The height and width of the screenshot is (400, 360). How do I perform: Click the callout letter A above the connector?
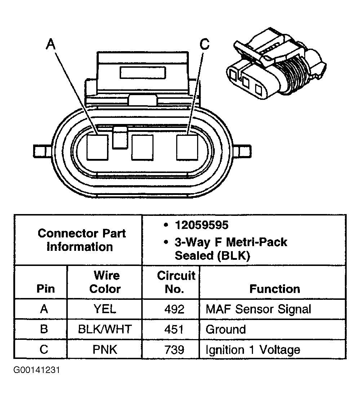point(51,45)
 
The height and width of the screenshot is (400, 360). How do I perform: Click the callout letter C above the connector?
point(204,45)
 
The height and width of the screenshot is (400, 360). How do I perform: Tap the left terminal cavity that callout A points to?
point(98,147)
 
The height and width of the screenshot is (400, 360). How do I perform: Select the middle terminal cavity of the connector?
point(142,147)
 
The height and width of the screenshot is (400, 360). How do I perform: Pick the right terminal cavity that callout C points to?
point(187,147)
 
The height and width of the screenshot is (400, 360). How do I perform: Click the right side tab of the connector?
point(244,149)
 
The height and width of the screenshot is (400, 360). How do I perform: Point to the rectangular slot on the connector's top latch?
point(143,72)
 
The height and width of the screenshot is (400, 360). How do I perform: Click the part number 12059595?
point(201,225)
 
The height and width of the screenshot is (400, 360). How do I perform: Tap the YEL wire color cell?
point(105,309)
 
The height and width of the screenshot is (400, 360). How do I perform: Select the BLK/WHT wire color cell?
point(105,329)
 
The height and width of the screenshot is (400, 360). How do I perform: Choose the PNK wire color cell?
point(105,350)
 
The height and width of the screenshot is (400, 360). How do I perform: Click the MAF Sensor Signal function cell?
point(258,309)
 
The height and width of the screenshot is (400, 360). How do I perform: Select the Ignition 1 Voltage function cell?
point(253,350)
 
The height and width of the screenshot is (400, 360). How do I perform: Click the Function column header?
point(275,289)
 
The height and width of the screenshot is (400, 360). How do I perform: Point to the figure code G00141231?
point(36,370)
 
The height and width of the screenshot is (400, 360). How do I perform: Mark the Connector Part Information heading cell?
point(81,240)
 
